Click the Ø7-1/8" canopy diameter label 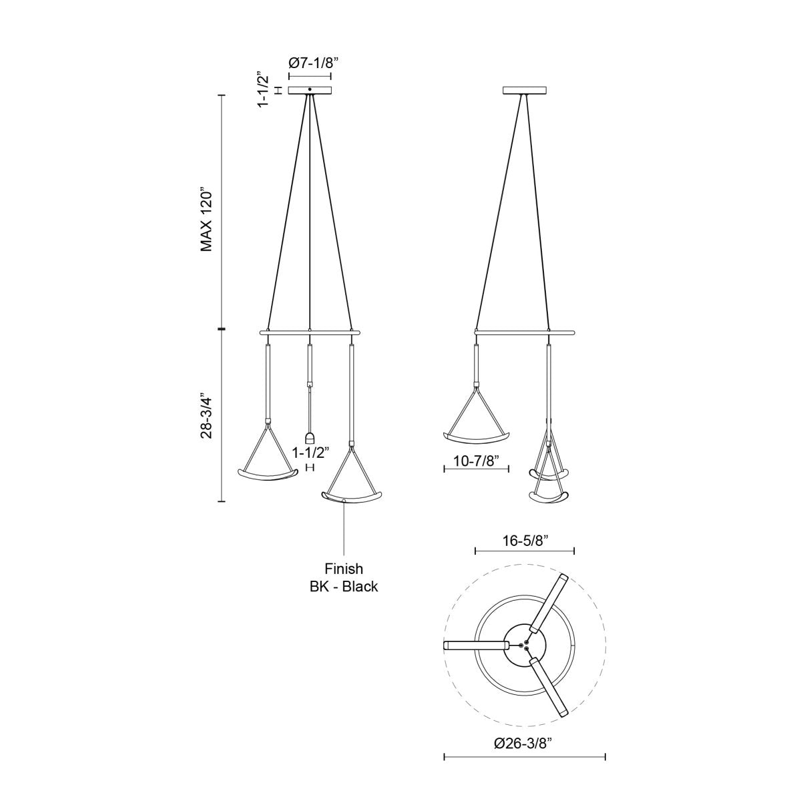pos(314,63)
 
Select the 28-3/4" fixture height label pos(207,415)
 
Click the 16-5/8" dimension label pos(524,541)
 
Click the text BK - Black pos(344,587)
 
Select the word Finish pos(344,569)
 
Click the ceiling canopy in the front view pos(310,90)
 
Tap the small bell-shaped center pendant pos(309,438)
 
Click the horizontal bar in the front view pos(310,331)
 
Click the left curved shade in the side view pos(477,437)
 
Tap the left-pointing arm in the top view pos(475,645)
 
